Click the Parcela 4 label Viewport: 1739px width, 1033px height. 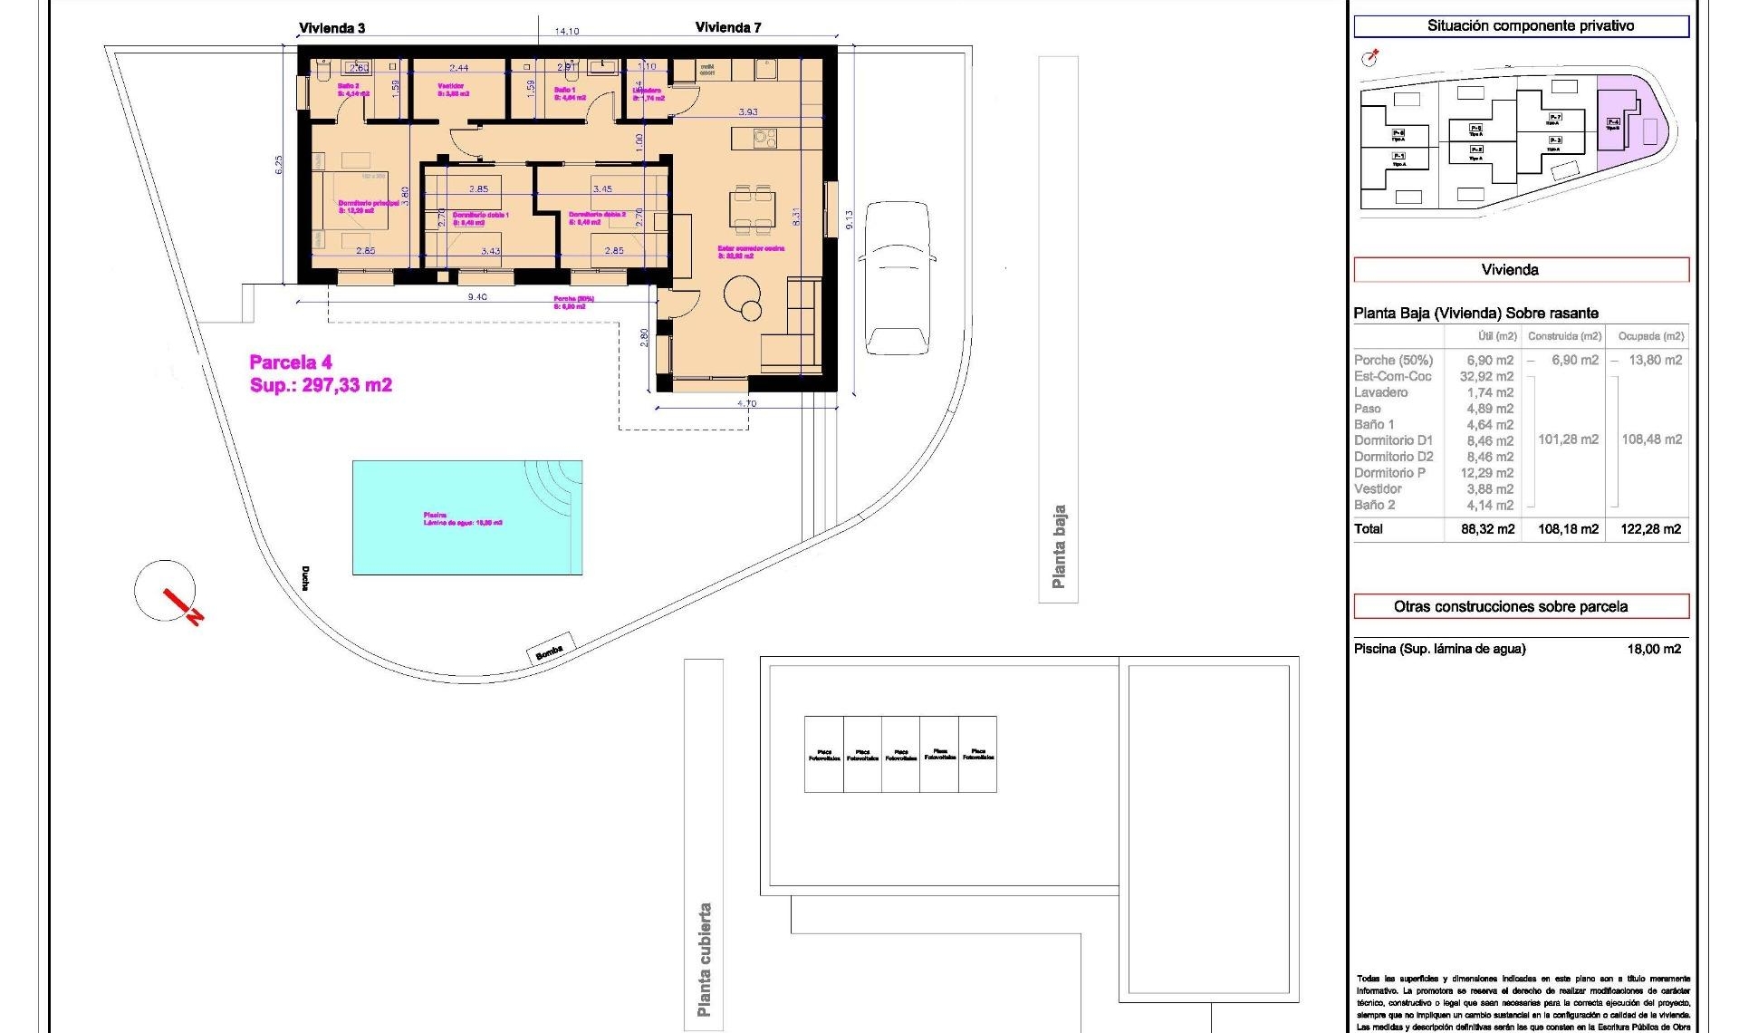pyautogui.click(x=291, y=362)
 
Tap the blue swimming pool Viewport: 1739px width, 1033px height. pyautogui.click(x=466, y=517)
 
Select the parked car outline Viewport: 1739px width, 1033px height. pyautogui.click(x=897, y=277)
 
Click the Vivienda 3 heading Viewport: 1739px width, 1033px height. pyautogui.click(x=332, y=28)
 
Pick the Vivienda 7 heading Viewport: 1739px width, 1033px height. pyautogui.click(x=728, y=27)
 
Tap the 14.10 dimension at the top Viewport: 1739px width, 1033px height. pyautogui.click(x=567, y=32)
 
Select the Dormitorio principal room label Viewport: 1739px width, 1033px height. pyautogui.click(x=368, y=204)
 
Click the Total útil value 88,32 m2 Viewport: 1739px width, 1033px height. pyautogui.click(x=1487, y=529)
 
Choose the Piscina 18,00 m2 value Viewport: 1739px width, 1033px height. pyautogui.click(x=1654, y=649)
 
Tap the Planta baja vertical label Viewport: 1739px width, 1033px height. pyautogui.click(x=1058, y=546)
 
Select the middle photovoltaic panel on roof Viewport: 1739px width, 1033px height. pyautogui.click(x=900, y=754)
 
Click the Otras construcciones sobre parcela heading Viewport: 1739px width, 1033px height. pyautogui.click(x=1510, y=606)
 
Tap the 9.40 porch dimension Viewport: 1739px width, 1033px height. pyautogui.click(x=477, y=297)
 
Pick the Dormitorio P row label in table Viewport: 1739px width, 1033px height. pyautogui.click(x=1389, y=473)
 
